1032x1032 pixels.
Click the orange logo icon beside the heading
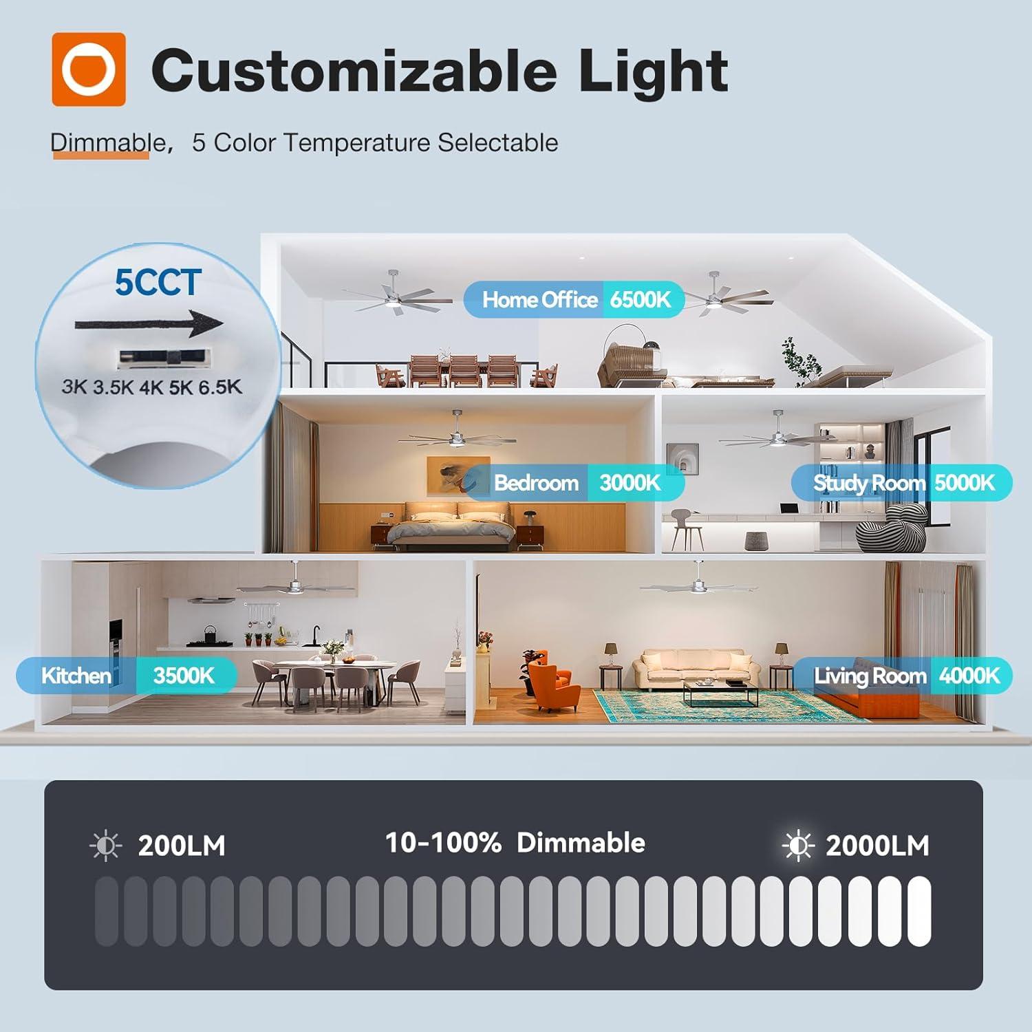point(89,69)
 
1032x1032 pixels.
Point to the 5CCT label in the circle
point(158,282)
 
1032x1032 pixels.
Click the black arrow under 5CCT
point(149,324)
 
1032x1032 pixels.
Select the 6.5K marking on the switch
point(220,387)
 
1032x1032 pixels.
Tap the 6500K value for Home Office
point(641,299)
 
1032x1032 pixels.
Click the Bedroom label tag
point(536,483)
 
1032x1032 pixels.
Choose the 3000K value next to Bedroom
point(630,483)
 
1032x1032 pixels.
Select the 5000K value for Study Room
point(965,483)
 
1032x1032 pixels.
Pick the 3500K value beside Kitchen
point(184,676)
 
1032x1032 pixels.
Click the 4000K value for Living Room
point(969,676)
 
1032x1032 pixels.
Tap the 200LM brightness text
point(182,846)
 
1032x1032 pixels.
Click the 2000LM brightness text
point(877,846)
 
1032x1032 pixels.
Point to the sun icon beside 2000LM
point(798,846)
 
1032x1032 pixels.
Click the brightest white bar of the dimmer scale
point(919,911)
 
